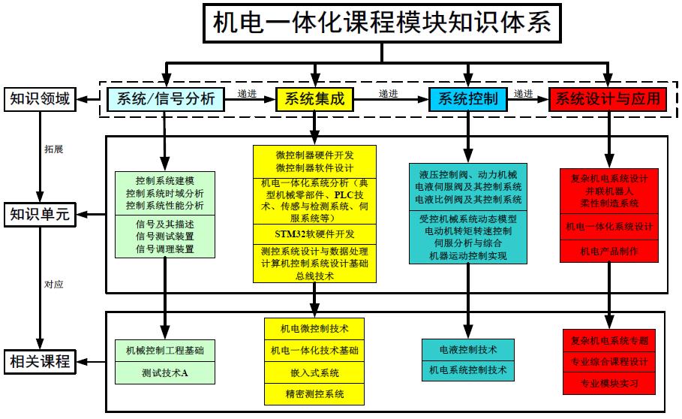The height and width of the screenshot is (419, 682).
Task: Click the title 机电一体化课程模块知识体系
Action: [382, 23]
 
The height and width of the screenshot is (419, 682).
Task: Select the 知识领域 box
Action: [40, 98]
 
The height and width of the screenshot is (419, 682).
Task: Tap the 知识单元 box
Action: [40, 215]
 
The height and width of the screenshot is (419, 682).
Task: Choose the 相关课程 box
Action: [40, 361]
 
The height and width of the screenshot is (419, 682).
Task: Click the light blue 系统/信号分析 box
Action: [166, 99]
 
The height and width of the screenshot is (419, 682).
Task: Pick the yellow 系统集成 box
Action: [314, 99]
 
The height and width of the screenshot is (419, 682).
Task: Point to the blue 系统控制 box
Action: [467, 99]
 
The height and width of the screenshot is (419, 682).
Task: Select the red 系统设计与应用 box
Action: [608, 99]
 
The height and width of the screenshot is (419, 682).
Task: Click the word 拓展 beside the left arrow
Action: [54, 149]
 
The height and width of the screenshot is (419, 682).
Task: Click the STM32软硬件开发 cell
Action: [314, 234]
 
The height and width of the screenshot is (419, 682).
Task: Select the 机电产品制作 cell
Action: [609, 252]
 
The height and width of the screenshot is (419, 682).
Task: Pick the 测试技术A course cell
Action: [164, 372]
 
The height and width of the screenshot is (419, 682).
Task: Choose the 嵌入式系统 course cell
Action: [314, 372]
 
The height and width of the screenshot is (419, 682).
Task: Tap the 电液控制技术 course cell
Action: [468, 350]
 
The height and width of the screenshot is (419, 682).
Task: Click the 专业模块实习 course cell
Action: [609, 383]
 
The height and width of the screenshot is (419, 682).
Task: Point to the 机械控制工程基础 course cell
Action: [164, 351]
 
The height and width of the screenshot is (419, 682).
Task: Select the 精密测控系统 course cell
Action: [314, 393]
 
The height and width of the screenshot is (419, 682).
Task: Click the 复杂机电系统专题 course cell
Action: [609, 340]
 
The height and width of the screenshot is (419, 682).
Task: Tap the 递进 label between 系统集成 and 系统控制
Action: [388, 94]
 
